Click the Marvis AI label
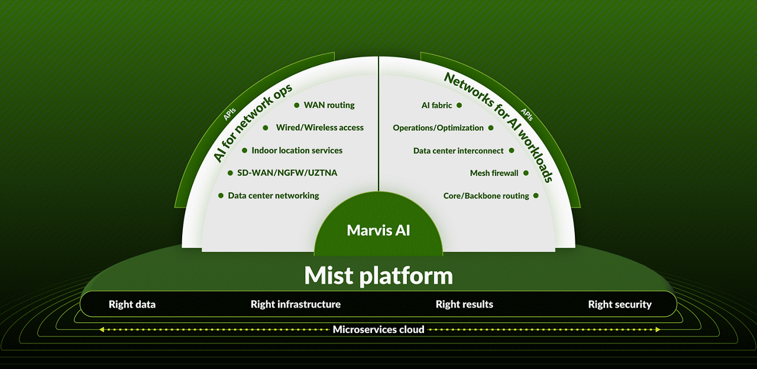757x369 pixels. (x=378, y=230)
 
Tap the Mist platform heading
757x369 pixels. (x=378, y=276)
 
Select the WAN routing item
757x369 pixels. (x=329, y=105)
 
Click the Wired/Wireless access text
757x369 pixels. (x=319, y=128)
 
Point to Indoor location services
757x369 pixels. (x=297, y=150)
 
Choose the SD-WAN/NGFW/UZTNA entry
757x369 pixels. (x=282, y=173)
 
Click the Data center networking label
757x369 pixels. (x=273, y=195)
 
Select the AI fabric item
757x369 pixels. (x=436, y=105)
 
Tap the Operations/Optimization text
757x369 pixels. (x=438, y=128)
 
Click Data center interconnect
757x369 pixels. (x=458, y=151)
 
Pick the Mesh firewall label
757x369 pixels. (x=494, y=173)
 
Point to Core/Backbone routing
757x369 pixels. (x=486, y=196)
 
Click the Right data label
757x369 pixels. (x=132, y=305)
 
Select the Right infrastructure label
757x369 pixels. (x=296, y=305)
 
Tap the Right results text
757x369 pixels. (x=464, y=305)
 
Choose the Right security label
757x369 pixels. (x=620, y=305)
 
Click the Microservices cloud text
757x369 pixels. (x=378, y=329)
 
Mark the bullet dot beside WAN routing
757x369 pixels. (x=297, y=105)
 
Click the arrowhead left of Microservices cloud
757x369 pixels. (x=101, y=329)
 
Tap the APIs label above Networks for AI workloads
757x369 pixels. (x=526, y=114)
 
